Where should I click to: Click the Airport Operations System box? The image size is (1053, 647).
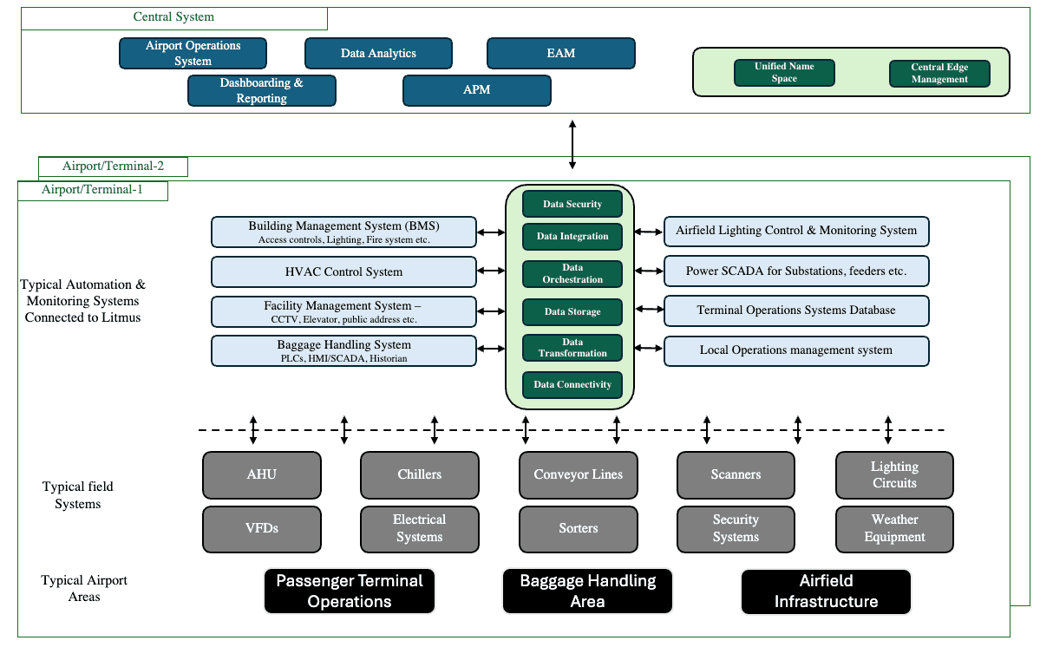[x=193, y=53]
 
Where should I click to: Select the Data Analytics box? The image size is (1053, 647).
[x=378, y=53]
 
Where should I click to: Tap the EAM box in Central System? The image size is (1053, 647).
[x=560, y=53]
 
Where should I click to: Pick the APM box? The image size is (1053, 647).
[x=476, y=90]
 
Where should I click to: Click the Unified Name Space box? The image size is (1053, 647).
[x=784, y=73]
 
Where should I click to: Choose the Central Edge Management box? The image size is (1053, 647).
[x=939, y=74]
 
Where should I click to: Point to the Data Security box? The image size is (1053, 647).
[x=572, y=204]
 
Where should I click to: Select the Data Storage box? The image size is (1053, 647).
[x=572, y=311]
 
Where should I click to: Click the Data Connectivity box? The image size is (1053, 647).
[x=572, y=384]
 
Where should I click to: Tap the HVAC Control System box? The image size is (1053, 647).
[x=343, y=271]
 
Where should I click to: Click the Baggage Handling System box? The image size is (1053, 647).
[x=343, y=350]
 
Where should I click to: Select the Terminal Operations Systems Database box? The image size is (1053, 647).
[x=795, y=310]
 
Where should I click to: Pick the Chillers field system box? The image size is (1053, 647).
[x=419, y=474]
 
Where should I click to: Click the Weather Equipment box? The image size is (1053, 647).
[x=894, y=528]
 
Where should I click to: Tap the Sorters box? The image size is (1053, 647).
[x=578, y=528]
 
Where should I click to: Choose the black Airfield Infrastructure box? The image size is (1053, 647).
[x=826, y=591]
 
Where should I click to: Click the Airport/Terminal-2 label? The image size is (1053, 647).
[x=113, y=167]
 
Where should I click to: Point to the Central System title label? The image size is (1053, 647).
[x=173, y=17]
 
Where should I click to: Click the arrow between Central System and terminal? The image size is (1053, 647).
[x=572, y=144]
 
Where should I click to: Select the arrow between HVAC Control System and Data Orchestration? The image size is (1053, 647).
[x=491, y=271]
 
